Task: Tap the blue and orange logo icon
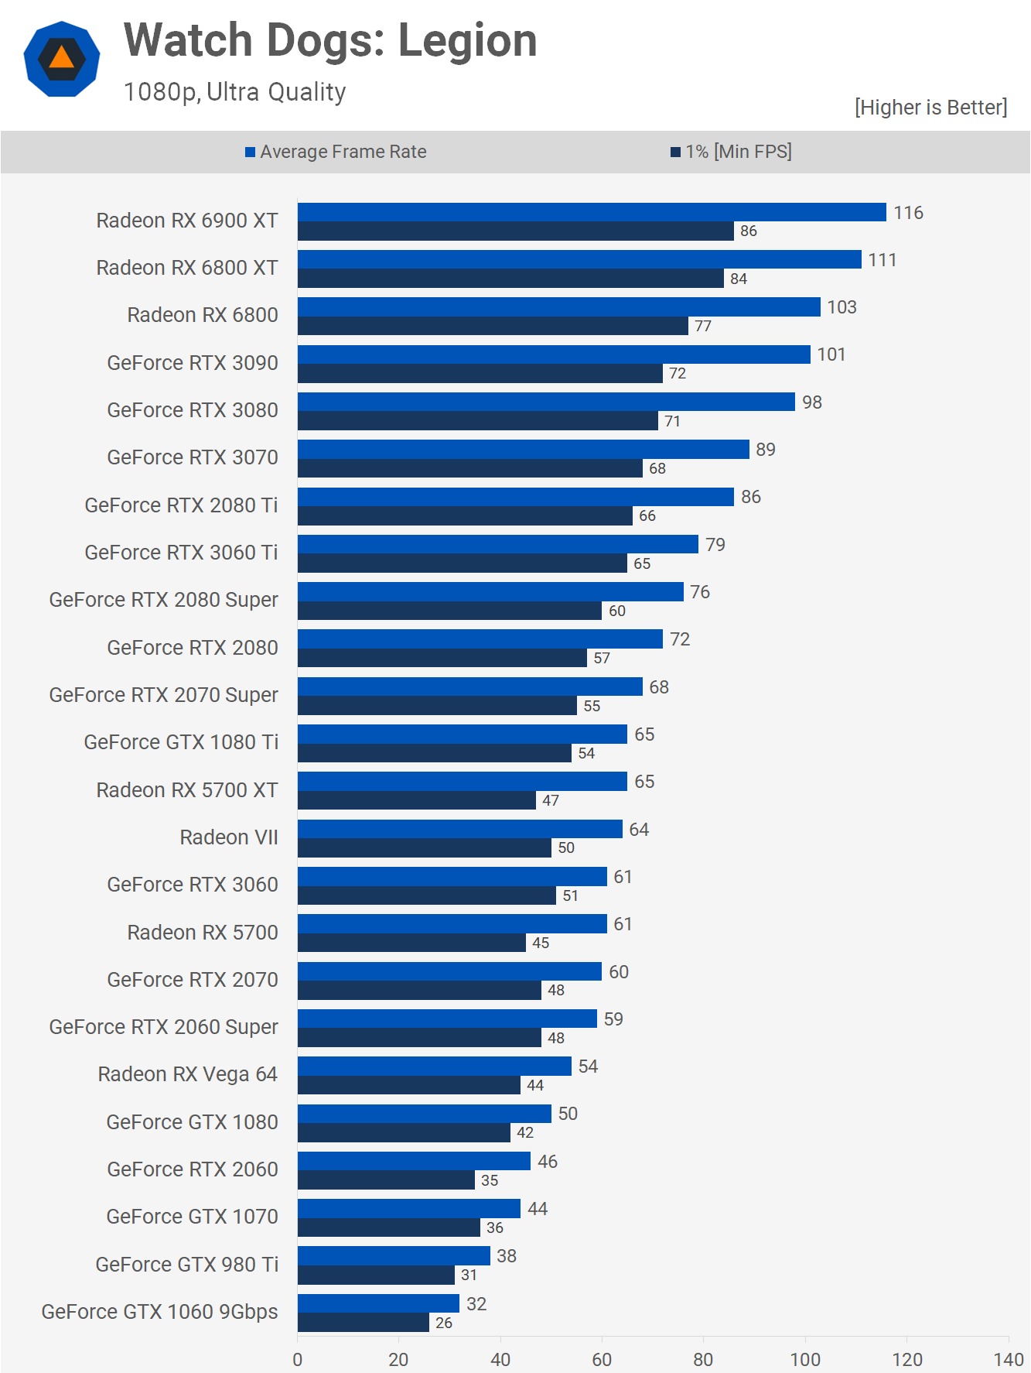coord(62,59)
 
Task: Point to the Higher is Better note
coord(930,108)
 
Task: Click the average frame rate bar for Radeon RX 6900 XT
coord(592,212)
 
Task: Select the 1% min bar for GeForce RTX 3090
coord(480,374)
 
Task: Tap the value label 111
coord(882,260)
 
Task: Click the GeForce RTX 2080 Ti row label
coord(181,505)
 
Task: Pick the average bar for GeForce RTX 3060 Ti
coord(497,544)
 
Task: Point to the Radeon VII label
coord(229,837)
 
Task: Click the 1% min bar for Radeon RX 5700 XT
coord(416,800)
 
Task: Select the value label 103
coord(842,307)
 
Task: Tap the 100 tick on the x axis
coord(805,1359)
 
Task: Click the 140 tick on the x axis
coord(1009,1359)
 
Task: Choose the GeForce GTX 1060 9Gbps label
coord(159,1312)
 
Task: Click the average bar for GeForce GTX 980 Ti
coord(394,1255)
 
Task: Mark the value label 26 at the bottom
coord(444,1323)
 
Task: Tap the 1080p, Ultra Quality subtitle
coord(234,92)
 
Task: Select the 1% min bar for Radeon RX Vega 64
coord(408,1085)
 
